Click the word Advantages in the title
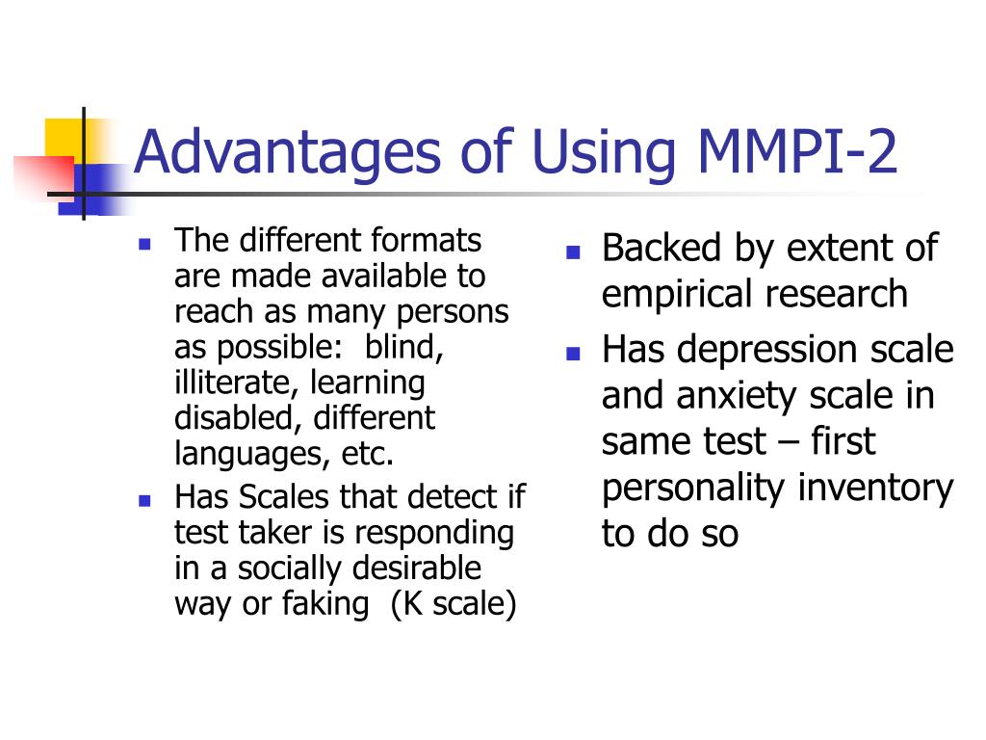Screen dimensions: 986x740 [x=287, y=154]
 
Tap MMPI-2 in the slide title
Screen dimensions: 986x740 [x=796, y=151]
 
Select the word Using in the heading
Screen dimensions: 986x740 [x=604, y=154]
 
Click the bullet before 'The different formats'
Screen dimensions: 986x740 [x=144, y=244]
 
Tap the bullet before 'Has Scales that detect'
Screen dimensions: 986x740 [x=144, y=501]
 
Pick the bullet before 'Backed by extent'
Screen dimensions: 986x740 [x=573, y=252]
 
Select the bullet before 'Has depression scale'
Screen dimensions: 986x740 [x=573, y=354]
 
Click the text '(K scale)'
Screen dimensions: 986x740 [x=454, y=604]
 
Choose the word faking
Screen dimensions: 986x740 [x=325, y=604]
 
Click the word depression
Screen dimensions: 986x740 [x=766, y=351]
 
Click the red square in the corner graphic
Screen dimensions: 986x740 [x=42, y=177]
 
